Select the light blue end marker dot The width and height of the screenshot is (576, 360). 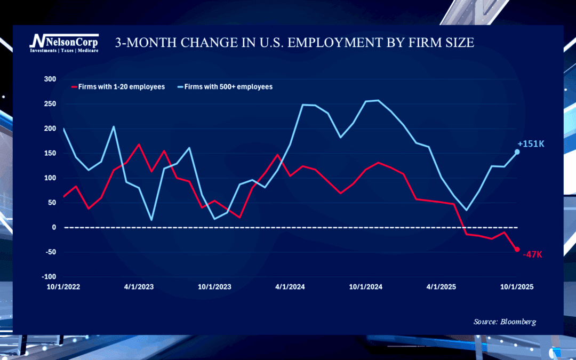[517, 152]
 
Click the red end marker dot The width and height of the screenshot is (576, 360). [517, 249]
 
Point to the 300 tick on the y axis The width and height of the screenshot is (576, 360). [50, 79]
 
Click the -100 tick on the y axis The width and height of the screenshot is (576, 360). [49, 277]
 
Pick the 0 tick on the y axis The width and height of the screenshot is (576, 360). [53, 227]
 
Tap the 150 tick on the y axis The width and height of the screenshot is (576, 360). [50, 153]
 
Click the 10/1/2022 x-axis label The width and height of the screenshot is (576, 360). [64, 287]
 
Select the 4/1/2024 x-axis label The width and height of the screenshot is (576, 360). [290, 287]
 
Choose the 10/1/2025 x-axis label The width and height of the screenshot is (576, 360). [516, 287]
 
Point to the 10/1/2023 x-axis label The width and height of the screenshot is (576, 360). [214, 287]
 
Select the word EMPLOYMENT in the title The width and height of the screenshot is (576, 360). [322, 43]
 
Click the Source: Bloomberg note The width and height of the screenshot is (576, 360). [505, 322]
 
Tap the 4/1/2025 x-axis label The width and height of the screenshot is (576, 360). [441, 287]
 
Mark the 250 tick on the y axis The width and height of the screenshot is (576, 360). [50, 103]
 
